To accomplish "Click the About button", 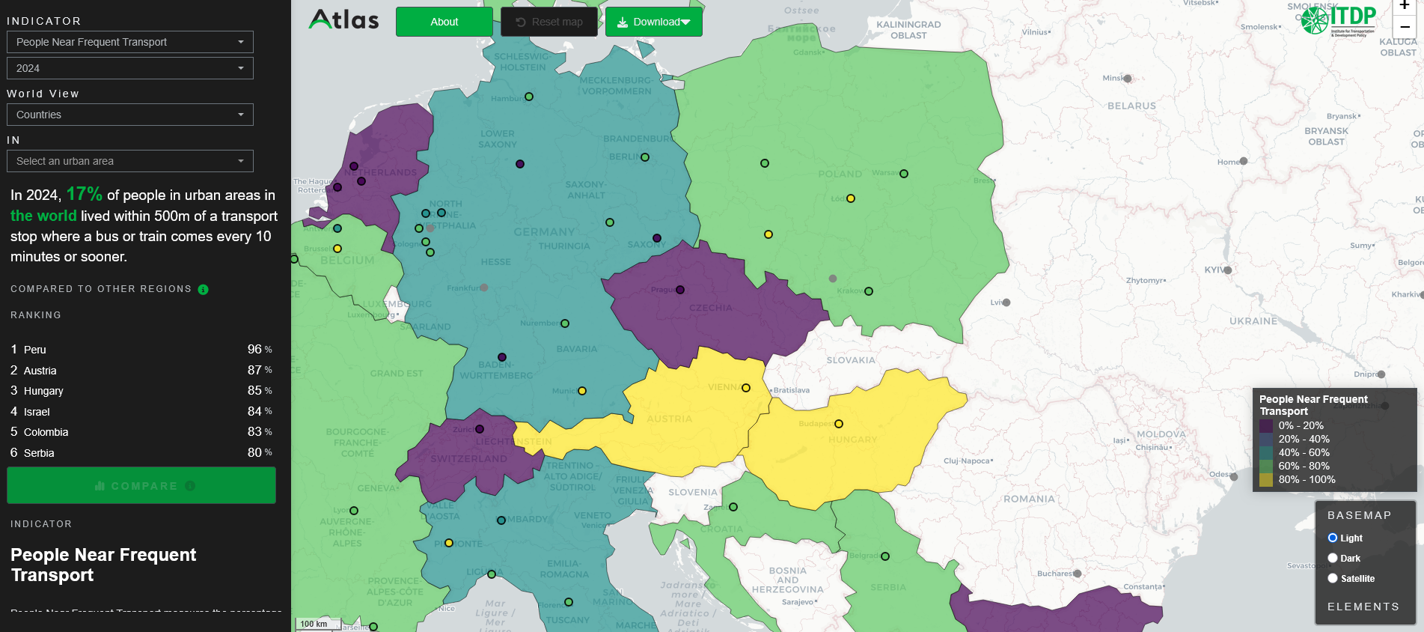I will click(x=444, y=22).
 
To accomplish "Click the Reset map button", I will click(x=548, y=22).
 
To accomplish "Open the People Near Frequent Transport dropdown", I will click(x=130, y=42).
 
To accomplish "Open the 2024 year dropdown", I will click(x=130, y=68).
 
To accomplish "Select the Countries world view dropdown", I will click(x=130, y=115).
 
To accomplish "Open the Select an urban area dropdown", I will click(x=130, y=161).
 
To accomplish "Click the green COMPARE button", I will click(x=141, y=486).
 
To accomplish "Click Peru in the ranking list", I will click(x=35, y=350).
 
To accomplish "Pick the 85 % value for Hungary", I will click(x=259, y=391).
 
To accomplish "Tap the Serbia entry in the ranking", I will click(x=39, y=453).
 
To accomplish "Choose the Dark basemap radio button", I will click(x=1333, y=558).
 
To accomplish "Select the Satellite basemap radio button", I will click(x=1333, y=578).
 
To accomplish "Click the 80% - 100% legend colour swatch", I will click(x=1266, y=480).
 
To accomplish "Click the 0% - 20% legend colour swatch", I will click(x=1266, y=426).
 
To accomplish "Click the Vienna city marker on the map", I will click(x=746, y=388).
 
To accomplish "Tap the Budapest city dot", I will click(x=839, y=424).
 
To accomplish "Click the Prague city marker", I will click(x=680, y=290).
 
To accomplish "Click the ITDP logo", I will click(x=1339, y=20).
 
